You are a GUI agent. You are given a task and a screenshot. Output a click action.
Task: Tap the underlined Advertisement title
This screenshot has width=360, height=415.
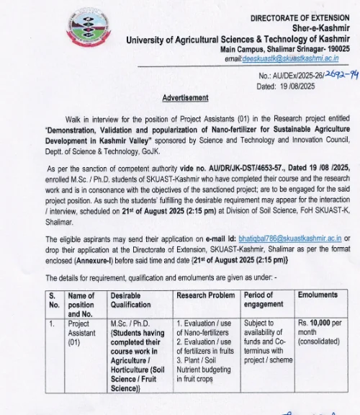[186, 97]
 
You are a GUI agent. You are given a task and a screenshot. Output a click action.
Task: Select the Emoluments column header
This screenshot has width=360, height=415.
[318, 295]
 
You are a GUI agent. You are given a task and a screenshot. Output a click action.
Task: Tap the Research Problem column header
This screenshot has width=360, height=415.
[205, 295]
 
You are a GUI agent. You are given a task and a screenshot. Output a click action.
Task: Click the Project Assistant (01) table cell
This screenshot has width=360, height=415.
[81, 333]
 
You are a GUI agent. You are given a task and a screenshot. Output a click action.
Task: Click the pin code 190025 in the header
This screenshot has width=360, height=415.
[335, 48]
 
